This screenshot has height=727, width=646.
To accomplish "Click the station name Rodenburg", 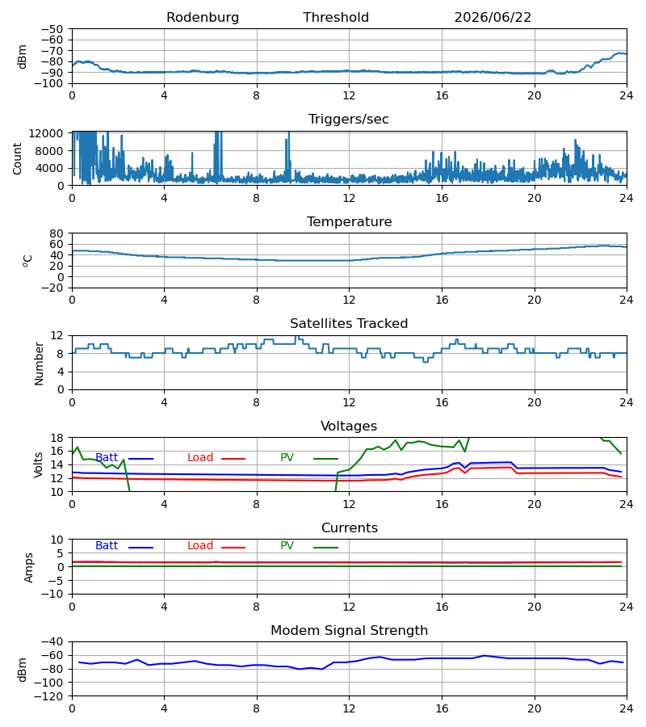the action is coord(203,18).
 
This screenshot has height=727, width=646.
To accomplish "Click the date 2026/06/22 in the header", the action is coord(493,18).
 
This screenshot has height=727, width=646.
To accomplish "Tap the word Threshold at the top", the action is coord(336,18).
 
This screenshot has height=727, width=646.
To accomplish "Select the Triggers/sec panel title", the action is coord(349,120).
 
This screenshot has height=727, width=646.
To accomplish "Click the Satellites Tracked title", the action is coord(349,324).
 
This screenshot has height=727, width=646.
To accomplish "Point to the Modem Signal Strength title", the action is coord(349,631).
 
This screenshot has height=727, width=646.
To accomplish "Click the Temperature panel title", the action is coord(349,221).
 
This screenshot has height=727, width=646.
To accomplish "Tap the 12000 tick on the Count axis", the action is coord(46,133).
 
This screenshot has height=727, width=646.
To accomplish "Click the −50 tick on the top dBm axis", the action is coord(52,29).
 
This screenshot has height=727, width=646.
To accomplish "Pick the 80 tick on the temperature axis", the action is coord(57,233).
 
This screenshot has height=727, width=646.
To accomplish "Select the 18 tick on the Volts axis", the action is coord(57,438).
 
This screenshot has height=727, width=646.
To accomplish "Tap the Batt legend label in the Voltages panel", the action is coord(107,458).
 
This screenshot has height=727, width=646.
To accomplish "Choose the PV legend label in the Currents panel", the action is coord(287,546).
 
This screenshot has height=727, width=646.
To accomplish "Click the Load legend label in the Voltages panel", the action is coord(200,458).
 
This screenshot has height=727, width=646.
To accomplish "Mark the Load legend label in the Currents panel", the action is coord(200,546).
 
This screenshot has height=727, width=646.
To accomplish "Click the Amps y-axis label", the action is coord(29,568).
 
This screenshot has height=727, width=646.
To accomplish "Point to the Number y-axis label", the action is coord(39,363).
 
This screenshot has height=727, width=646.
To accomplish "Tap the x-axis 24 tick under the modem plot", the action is coord(627,709).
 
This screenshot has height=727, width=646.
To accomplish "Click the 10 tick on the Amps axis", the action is coord(57,540).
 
